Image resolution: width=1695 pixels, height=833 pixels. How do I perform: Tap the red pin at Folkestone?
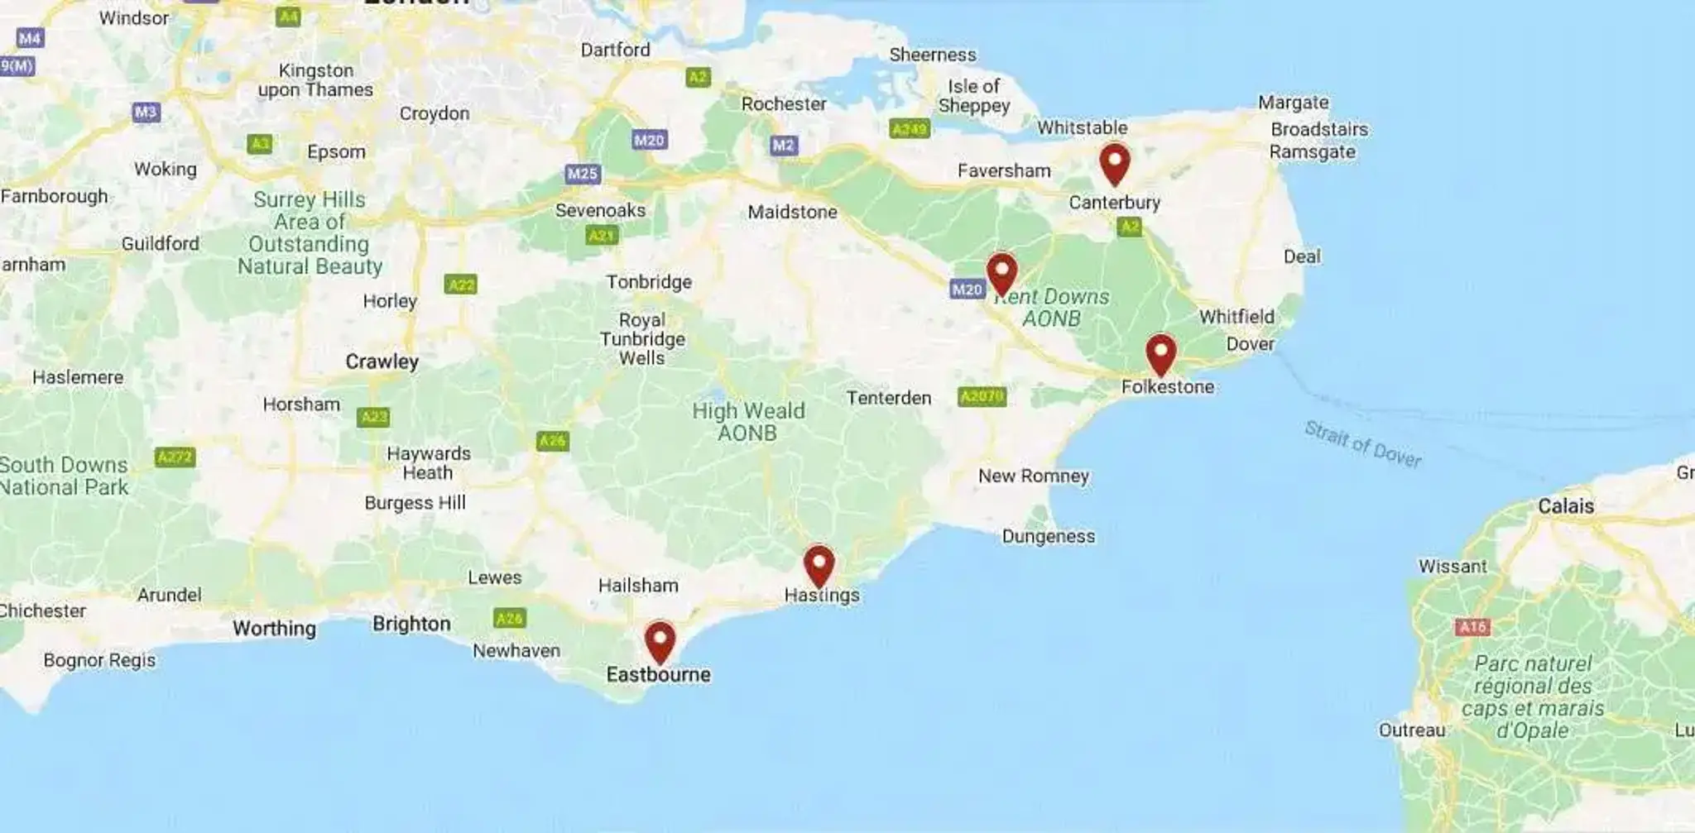[x=1160, y=353]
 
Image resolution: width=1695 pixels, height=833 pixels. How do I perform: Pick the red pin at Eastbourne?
[x=660, y=640]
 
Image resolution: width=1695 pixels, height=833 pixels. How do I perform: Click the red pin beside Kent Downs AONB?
[x=1001, y=272]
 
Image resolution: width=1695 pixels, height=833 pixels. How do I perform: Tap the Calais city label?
[x=1565, y=506]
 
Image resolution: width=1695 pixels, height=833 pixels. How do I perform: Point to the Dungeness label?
[x=1048, y=536]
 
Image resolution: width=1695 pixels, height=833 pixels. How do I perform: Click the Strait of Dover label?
[x=1362, y=444]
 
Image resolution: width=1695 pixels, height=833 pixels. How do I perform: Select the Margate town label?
[x=1293, y=103]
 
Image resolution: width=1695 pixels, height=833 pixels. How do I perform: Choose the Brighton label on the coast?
[x=411, y=624]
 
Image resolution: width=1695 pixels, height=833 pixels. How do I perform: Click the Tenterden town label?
[x=888, y=398]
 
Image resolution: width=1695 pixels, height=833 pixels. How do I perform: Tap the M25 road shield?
[x=583, y=174]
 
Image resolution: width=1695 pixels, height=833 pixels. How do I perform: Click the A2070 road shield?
[x=982, y=397]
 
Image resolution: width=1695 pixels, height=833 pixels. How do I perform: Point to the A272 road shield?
[x=175, y=457]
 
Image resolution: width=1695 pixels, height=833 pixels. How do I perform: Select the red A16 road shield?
[x=1472, y=627]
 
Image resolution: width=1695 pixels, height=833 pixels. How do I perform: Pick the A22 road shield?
[x=460, y=285]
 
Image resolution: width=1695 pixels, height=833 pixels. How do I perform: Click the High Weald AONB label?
[x=748, y=422]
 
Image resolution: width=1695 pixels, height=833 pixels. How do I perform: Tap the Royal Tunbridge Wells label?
[x=642, y=339]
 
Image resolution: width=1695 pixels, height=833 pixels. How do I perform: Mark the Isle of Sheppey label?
[x=973, y=96]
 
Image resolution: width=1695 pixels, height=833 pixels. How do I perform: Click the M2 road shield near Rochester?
[x=783, y=146]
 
